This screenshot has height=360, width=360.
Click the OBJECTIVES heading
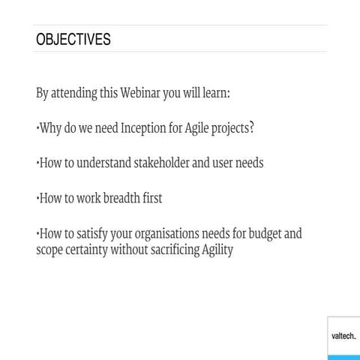73,40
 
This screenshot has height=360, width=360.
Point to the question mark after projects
251,127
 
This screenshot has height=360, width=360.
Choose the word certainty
85,250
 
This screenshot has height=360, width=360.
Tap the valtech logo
343,337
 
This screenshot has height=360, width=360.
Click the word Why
49,128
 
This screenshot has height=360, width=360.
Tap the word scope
50,250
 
